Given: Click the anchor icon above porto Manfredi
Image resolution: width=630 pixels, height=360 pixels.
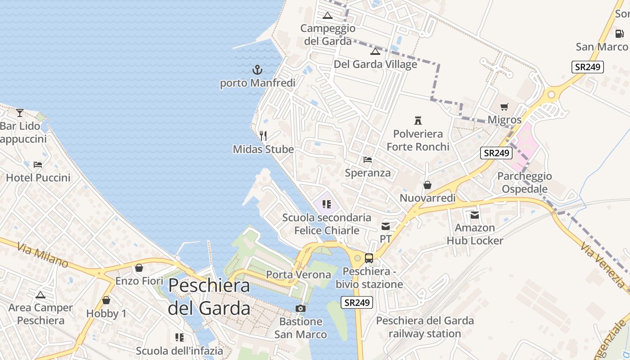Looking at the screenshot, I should click(257, 70).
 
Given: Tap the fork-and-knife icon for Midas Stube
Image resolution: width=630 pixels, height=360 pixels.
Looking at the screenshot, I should click(263, 135).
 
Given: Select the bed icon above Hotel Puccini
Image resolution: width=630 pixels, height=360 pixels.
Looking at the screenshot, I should click(38, 165).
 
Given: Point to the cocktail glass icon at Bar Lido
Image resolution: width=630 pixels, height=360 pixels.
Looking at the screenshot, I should click(20, 112).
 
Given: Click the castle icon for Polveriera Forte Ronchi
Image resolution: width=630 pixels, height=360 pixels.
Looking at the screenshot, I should click(418, 120).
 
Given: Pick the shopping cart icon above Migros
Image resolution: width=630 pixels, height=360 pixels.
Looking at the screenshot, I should click(504, 107).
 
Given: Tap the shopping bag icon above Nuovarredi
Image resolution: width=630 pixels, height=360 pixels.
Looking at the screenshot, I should click(427, 185).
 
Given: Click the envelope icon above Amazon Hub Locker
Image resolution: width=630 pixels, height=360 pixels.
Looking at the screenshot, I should click(475, 215).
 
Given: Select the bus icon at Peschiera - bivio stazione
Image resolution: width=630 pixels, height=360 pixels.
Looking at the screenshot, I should click(369, 258).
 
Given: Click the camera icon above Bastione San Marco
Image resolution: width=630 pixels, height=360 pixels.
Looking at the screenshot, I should click(301, 309).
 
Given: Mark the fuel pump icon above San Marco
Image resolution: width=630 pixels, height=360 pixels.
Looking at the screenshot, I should click(619, 33).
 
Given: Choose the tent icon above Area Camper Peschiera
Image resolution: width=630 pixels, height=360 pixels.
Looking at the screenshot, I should click(40, 295).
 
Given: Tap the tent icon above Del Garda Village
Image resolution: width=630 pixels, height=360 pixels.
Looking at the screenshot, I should click(375, 51).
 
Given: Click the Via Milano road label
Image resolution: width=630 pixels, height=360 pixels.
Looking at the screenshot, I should click(43, 255).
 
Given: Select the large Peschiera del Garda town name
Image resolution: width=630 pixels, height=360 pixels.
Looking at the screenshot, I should click(209, 297).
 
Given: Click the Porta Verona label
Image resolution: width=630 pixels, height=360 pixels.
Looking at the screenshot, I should click(298, 274).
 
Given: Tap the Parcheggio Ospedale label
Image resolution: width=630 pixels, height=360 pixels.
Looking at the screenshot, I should click(525, 182).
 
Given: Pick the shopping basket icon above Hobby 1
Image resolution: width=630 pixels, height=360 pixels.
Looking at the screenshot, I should click(106, 300).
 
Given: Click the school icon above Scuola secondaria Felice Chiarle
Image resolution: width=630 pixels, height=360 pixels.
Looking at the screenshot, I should click(327, 204).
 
